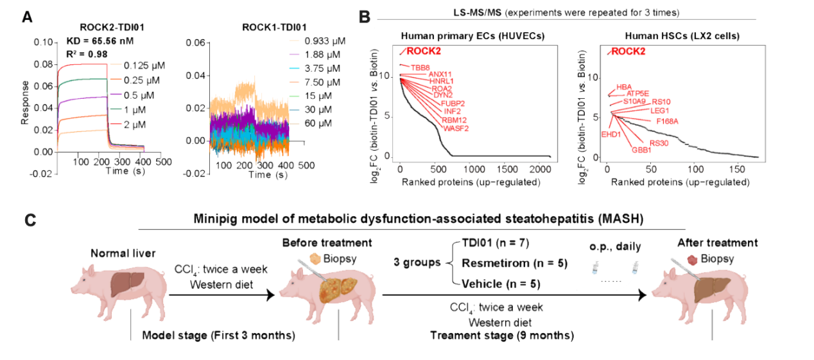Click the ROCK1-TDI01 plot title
(x=273, y=27)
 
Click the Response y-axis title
(x=24, y=102)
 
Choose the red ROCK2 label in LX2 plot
(x=628, y=52)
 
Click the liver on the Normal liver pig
(x=124, y=282)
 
